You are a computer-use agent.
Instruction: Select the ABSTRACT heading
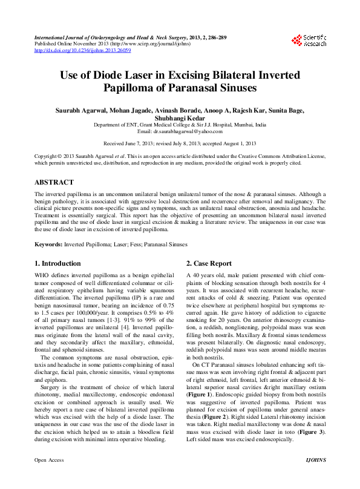point(54,182)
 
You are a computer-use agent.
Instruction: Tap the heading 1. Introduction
point(57,263)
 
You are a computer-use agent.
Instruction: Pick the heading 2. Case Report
point(209,263)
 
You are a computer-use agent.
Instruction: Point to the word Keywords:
point(48,244)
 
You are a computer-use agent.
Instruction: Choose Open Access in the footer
point(49,477)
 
